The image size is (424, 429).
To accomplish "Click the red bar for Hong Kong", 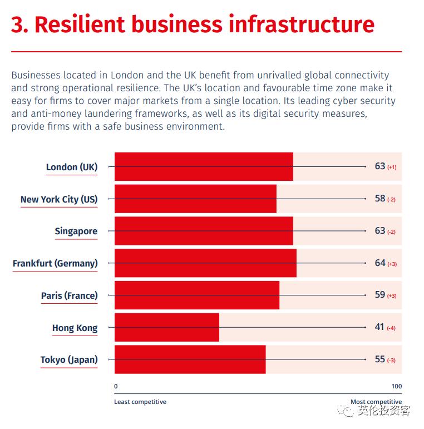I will tap(167, 327).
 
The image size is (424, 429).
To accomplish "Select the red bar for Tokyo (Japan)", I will tap(190, 359).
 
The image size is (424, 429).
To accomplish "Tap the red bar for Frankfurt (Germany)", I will tap(205, 263).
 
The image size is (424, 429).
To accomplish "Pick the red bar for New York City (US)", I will tap(195, 199).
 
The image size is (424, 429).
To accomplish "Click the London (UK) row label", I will tap(72, 167).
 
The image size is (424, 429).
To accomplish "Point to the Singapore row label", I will tap(76, 231).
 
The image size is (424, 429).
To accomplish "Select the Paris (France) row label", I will tap(69, 295).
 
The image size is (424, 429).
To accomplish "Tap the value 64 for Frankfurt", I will tap(380, 263).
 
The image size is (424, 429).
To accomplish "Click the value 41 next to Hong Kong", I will tap(379, 327).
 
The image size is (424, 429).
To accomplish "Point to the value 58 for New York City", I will tap(380, 199).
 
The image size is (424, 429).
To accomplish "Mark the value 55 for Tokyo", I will tap(380, 359).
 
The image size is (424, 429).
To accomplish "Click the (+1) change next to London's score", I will tap(392, 167).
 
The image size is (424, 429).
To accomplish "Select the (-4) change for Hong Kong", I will tap(391, 328).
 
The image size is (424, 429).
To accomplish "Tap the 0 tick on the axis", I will tap(116, 386).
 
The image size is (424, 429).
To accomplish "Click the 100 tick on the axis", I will tap(396, 386).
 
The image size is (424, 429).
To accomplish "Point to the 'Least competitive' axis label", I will tap(140, 402).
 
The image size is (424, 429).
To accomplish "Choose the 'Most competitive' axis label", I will tap(376, 402).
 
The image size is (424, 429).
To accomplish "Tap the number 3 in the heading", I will tap(18, 25).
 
